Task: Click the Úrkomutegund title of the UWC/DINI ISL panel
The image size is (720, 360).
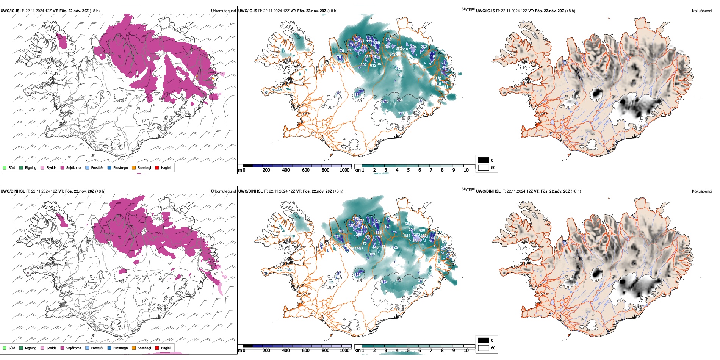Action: [x=223, y=191]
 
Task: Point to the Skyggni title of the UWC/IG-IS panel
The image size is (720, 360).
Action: [x=468, y=9]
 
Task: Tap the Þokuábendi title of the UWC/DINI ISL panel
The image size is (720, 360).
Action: [x=702, y=191]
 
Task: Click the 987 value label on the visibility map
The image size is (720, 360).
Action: [x=380, y=64]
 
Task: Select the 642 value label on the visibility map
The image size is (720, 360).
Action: [x=392, y=55]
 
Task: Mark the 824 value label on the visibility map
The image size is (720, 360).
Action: [x=407, y=236]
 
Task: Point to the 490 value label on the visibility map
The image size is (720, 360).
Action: [x=422, y=230]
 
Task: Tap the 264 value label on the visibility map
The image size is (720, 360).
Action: [x=399, y=100]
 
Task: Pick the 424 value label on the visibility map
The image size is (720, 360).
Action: [x=414, y=47]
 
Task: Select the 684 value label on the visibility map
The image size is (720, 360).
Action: [x=408, y=224]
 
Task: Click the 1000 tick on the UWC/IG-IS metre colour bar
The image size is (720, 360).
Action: [x=344, y=171]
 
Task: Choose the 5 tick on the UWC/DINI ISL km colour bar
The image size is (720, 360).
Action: [x=408, y=351]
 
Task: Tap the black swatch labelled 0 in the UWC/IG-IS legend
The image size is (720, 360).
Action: [x=484, y=160]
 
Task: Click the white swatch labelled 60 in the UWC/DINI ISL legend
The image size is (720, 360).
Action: [x=484, y=348]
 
